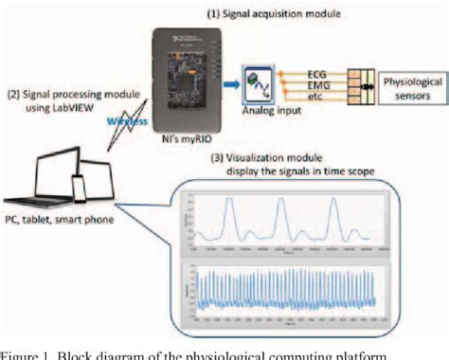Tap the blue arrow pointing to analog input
228,85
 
